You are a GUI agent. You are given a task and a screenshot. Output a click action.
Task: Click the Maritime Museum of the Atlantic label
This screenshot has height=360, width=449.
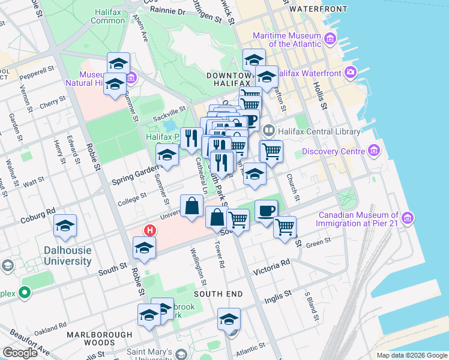click(286, 39)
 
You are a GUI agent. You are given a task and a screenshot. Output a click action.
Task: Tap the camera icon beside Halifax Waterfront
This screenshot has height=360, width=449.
click(351, 73)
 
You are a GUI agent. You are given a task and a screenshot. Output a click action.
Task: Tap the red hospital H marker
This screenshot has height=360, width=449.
click(149, 230)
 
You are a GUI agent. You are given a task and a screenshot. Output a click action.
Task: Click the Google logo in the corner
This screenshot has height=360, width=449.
click(20, 352)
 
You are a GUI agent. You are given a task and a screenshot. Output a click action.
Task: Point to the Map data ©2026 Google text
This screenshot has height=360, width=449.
click(411, 355)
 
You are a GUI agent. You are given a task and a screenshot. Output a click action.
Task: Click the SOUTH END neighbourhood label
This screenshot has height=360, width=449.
click(218, 294)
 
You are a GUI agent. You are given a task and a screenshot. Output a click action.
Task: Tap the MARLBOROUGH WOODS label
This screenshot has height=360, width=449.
click(99, 338)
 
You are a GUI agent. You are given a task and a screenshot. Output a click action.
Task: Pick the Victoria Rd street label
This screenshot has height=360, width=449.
click(271, 263)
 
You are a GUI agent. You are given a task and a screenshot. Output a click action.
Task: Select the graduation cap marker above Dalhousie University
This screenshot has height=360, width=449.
click(65, 226)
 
